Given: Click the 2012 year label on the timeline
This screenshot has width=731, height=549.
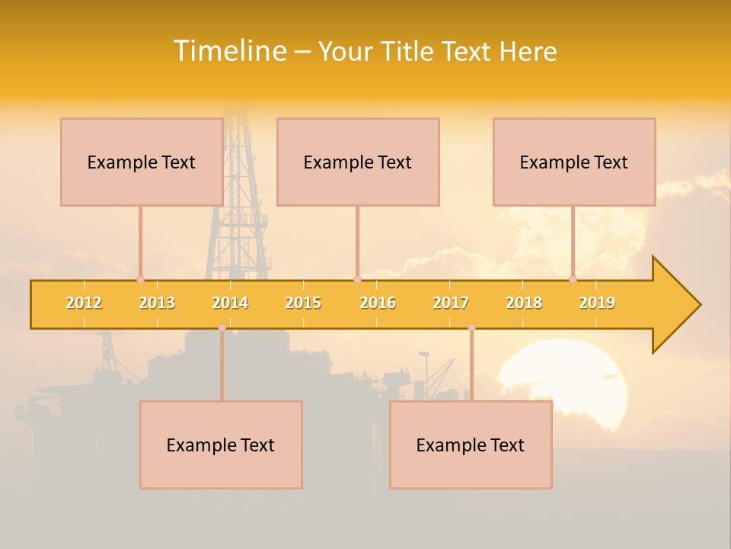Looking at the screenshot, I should [84, 303].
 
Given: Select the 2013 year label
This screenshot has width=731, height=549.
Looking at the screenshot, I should [157, 303].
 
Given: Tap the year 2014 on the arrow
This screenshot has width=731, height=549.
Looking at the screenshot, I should [230, 303].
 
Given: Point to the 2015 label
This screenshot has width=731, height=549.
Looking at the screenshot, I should [303, 303].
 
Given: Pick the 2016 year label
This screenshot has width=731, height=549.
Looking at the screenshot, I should [378, 303].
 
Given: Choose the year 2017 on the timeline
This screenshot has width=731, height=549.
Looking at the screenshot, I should [451, 303].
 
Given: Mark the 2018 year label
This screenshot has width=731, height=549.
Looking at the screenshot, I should [524, 303].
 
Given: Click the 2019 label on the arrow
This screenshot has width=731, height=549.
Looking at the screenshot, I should [597, 303].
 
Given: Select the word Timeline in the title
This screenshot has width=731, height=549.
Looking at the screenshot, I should [228, 51].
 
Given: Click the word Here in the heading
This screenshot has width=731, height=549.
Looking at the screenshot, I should [528, 51].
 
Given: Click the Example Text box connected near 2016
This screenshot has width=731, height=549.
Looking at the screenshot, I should [358, 162].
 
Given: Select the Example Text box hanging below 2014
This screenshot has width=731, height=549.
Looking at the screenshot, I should [221, 445].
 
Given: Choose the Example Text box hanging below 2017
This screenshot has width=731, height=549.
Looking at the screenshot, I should [471, 445].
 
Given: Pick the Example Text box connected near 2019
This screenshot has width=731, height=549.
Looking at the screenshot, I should [574, 162].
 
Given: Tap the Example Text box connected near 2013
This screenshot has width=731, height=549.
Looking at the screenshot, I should [142, 162].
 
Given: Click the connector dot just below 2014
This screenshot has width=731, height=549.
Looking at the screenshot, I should [222, 328].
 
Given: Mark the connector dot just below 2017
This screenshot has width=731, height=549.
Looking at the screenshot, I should [471, 328].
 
